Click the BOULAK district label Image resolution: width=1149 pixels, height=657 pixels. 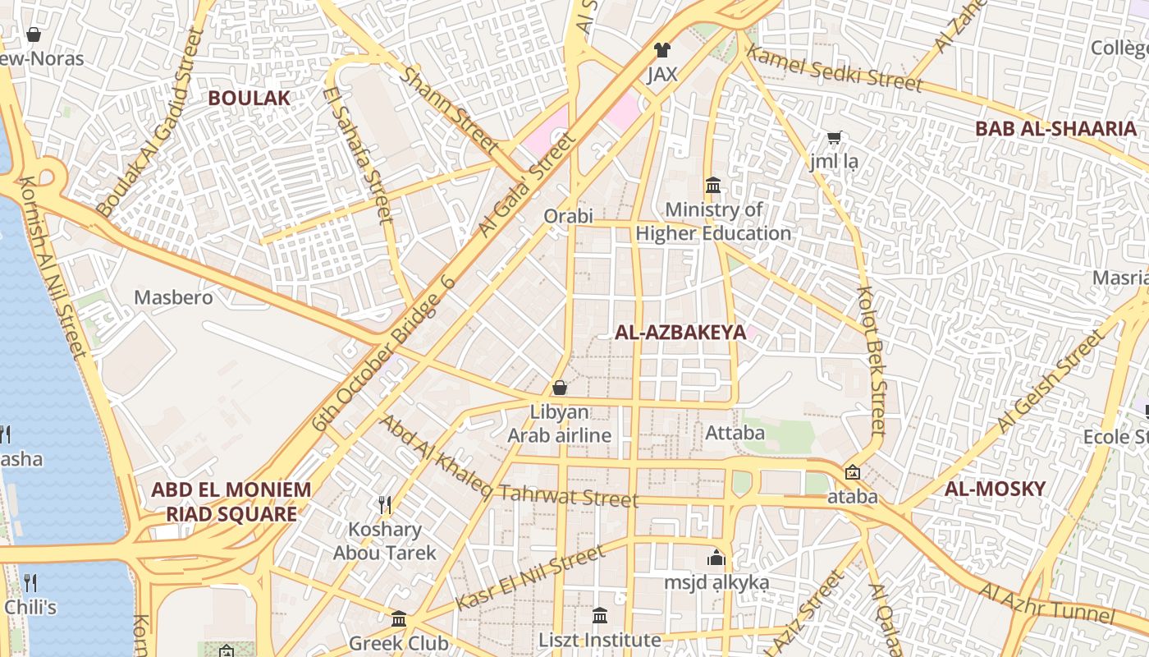pyautogui.click(x=249, y=98)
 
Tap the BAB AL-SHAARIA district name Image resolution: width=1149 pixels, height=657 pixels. pyautogui.click(x=1055, y=128)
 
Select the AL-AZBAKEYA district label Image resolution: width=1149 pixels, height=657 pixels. pyautogui.click(x=680, y=332)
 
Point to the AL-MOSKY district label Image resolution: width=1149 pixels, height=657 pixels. pyautogui.click(x=995, y=489)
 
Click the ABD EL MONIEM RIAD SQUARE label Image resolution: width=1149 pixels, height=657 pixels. pyautogui.click(x=231, y=502)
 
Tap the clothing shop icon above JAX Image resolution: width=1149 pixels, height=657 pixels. pyautogui.click(x=661, y=50)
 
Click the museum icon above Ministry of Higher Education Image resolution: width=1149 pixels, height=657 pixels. pyautogui.click(x=712, y=185)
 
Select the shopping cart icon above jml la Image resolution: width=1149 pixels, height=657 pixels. pyautogui.click(x=834, y=137)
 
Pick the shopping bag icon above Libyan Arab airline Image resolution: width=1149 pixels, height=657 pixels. pyautogui.click(x=560, y=388)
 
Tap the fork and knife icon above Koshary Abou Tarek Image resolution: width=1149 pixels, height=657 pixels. pyautogui.click(x=384, y=503)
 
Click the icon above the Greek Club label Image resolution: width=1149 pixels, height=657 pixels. pyautogui.click(x=399, y=618)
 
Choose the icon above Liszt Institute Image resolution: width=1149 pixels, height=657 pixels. pyautogui.click(x=600, y=615)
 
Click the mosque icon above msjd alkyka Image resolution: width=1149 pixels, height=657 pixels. pyautogui.click(x=716, y=558)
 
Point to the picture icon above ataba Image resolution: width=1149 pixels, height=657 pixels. pyautogui.click(x=853, y=472)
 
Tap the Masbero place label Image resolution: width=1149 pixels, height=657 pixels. pyautogui.click(x=173, y=297)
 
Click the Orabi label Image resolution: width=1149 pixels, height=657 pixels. pyautogui.click(x=568, y=217)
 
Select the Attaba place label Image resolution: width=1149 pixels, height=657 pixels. pyautogui.click(x=735, y=432)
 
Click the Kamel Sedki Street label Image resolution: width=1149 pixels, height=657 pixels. pyautogui.click(x=835, y=69)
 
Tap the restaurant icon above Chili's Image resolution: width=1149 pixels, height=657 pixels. pyautogui.click(x=30, y=583)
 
